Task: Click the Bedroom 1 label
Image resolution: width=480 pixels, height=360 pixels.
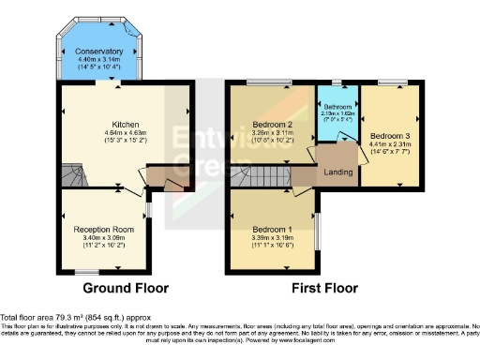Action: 271,230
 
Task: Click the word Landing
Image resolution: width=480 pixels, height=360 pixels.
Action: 338,172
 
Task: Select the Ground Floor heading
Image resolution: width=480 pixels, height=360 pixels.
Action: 126,288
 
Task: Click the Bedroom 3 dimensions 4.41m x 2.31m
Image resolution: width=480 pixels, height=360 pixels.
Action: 388,143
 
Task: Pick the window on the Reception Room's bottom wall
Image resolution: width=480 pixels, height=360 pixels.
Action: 89,271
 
